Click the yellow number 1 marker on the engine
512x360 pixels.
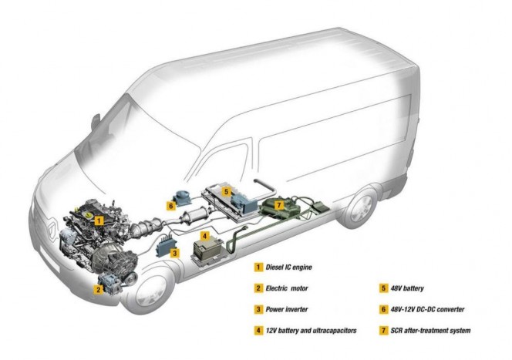(99, 219)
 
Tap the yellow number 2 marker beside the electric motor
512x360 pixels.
(99, 290)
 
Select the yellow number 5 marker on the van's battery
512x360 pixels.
(226, 190)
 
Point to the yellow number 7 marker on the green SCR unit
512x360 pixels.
(279, 205)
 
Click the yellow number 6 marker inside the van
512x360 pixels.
(170, 206)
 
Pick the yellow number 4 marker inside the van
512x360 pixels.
(204, 235)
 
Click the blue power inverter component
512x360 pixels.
(164, 247)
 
